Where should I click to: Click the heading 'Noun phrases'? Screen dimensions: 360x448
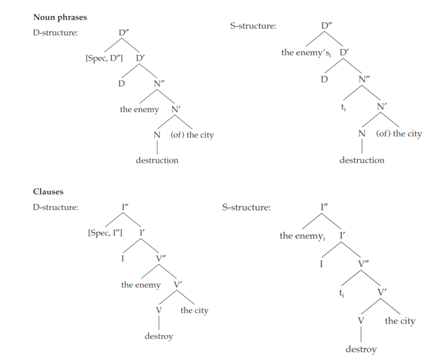[60, 17]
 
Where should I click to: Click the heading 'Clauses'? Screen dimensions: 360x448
[48, 192]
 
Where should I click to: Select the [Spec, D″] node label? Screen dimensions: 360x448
[104, 58]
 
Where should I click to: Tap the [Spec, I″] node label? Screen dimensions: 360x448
[105, 233]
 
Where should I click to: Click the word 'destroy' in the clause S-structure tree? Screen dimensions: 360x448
[361, 349]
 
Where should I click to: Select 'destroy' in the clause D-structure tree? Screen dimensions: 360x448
[158, 336]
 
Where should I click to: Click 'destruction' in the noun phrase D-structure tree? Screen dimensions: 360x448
[157, 160]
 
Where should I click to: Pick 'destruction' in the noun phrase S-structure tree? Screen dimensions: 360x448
[362, 160]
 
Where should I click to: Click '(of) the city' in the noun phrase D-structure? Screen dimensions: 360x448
[192, 135]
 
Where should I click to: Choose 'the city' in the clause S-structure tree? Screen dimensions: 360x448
[400, 321]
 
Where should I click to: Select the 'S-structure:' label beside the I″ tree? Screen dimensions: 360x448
[246, 207]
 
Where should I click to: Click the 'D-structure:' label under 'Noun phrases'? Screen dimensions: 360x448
[56, 32]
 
